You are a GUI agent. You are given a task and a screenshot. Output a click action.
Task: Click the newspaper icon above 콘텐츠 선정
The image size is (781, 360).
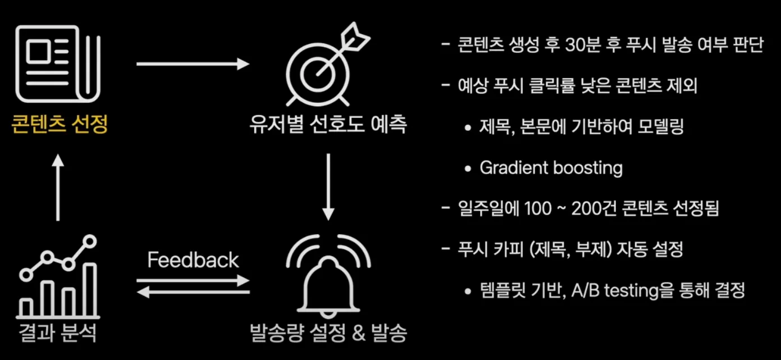tap(58, 64)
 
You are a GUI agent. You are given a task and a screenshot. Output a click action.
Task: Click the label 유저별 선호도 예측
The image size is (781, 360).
tap(328, 125)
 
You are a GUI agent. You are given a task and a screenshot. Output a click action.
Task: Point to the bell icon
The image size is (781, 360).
tap(328, 279)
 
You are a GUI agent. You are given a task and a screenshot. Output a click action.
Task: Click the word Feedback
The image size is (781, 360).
tap(193, 260)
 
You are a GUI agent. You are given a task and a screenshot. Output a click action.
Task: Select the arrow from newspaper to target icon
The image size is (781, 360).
tap(193, 64)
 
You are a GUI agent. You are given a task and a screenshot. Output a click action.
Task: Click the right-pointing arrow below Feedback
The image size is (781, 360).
tap(193, 280)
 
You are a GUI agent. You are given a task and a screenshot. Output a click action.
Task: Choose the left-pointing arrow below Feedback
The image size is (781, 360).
tap(193, 291)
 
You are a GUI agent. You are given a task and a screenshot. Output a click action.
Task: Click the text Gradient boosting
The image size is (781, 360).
tap(551, 168)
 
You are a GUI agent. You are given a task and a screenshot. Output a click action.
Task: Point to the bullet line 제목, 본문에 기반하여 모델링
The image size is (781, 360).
tap(582, 127)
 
